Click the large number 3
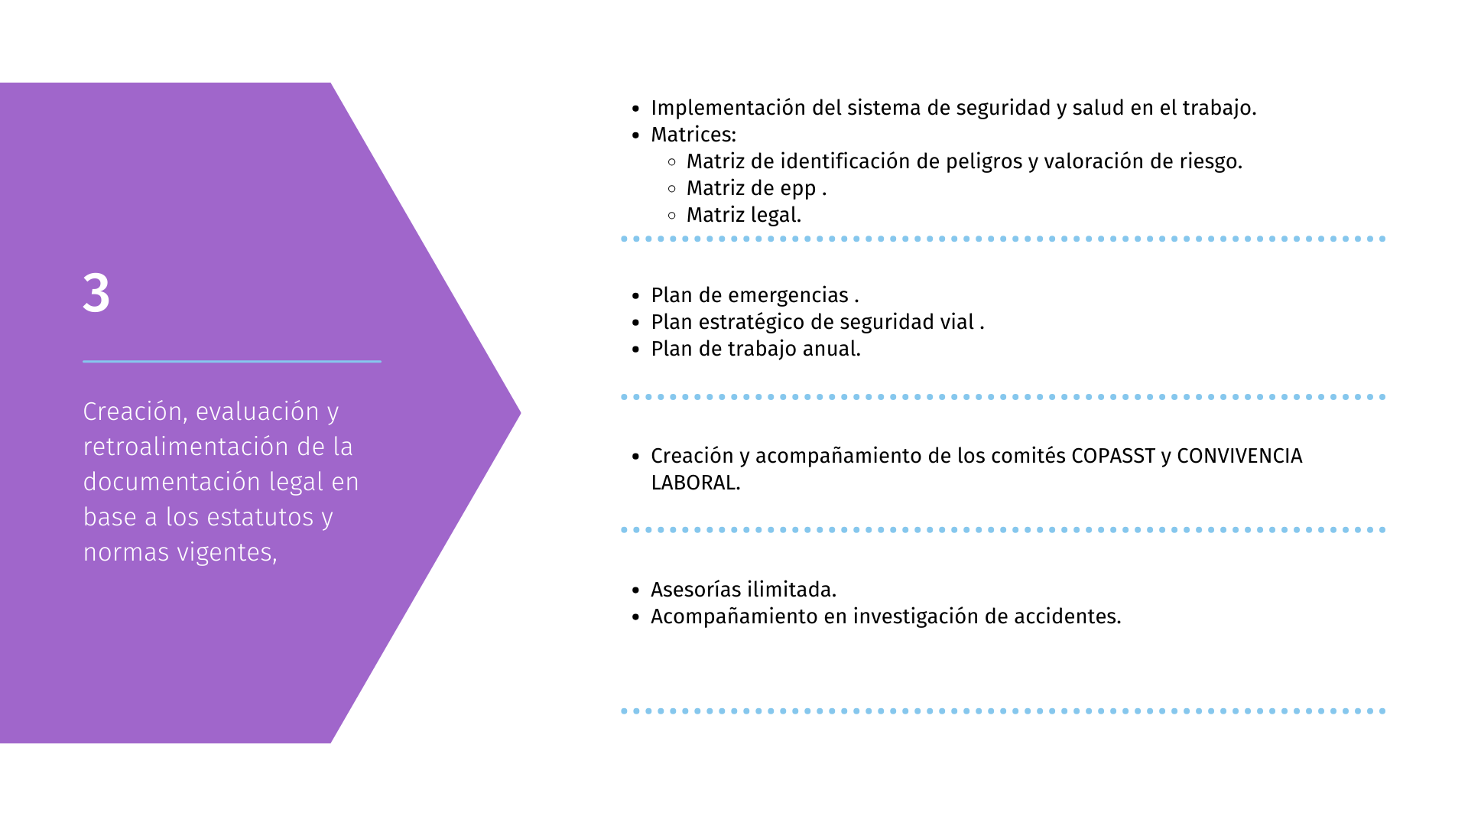coord(96,293)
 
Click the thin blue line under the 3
coord(232,361)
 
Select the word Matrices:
coord(693,135)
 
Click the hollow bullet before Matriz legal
coord(672,215)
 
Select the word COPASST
coord(1113,456)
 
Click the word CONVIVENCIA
coord(1239,456)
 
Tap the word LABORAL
coord(696,483)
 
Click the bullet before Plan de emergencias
coord(635,296)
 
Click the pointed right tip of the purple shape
coord(520,413)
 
